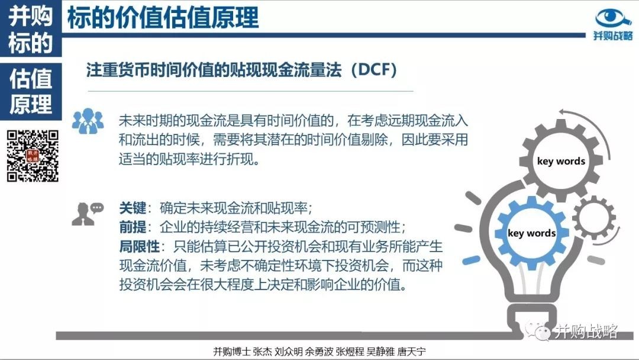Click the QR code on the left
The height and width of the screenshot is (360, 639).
pos(33,156)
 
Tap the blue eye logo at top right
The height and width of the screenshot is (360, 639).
pos(613,18)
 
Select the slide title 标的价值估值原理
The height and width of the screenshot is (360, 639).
pos(163,18)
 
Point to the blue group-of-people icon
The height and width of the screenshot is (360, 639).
pos(88,121)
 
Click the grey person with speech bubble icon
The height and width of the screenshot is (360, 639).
pos(88,214)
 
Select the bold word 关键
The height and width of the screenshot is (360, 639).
pos(133,208)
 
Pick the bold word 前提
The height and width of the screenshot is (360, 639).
pos(133,227)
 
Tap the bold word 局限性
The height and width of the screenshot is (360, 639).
pos(140,246)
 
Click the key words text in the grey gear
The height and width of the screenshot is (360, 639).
pos(561,161)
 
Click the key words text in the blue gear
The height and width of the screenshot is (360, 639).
pos(531,233)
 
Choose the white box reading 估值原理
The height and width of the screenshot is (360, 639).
pos(31,91)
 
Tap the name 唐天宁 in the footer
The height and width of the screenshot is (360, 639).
pos(411,352)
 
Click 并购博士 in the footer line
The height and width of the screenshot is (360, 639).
pos(231,352)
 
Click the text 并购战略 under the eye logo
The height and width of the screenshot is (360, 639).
pos(613,36)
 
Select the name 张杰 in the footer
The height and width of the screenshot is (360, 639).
pos(262,352)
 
